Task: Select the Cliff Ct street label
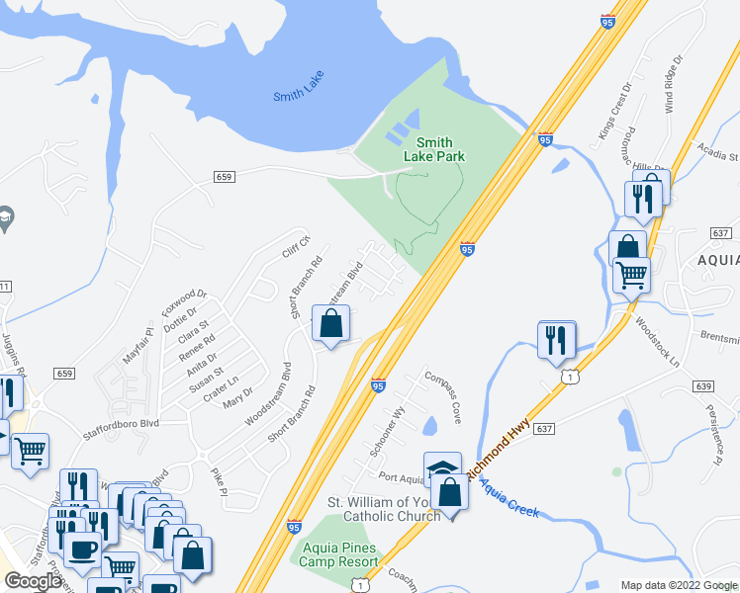(297, 246)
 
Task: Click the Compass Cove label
(442, 396)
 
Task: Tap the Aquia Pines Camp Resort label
(339, 554)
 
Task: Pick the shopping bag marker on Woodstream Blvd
(331, 323)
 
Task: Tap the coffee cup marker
(81, 549)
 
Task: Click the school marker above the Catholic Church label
(442, 467)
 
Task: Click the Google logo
(33, 581)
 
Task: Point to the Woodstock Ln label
(658, 342)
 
